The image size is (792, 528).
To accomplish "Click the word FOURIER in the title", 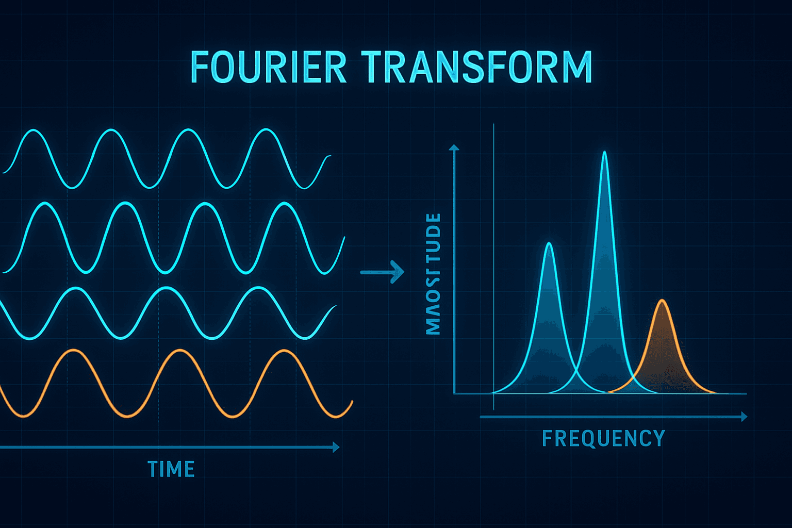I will pyautogui.click(x=268, y=67).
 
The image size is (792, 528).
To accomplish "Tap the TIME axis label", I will pyautogui.click(x=171, y=469).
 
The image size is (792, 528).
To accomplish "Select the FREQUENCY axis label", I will pyautogui.click(x=603, y=438).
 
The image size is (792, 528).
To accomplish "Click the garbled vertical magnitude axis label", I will pyautogui.click(x=434, y=273).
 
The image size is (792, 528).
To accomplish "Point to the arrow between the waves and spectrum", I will pyautogui.click(x=382, y=272).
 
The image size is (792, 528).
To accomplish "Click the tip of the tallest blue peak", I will pyautogui.click(x=604, y=152).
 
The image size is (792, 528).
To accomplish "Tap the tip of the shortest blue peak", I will pyautogui.click(x=549, y=243).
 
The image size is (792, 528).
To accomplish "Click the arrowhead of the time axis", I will pyautogui.click(x=336, y=447).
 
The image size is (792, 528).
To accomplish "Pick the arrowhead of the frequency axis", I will pyautogui.click(x=744, y=417).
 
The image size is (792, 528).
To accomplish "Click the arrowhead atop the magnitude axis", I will pyautogui.click(x=454, y=147).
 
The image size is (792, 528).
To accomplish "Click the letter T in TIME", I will pyautogui.click(x=153, y=469).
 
